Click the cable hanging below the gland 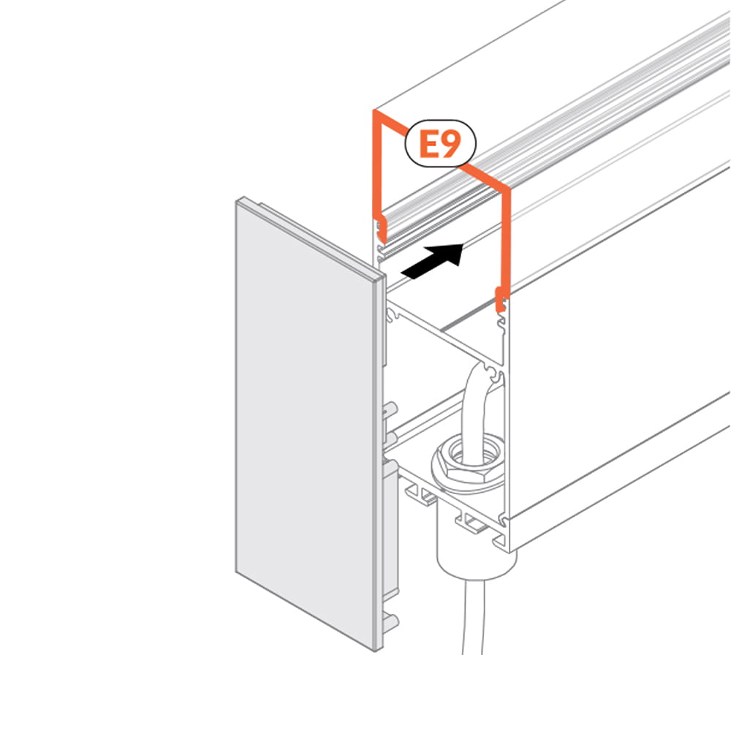pos(474,616)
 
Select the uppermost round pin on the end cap pos(390,409)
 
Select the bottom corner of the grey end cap pos(376,650)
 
